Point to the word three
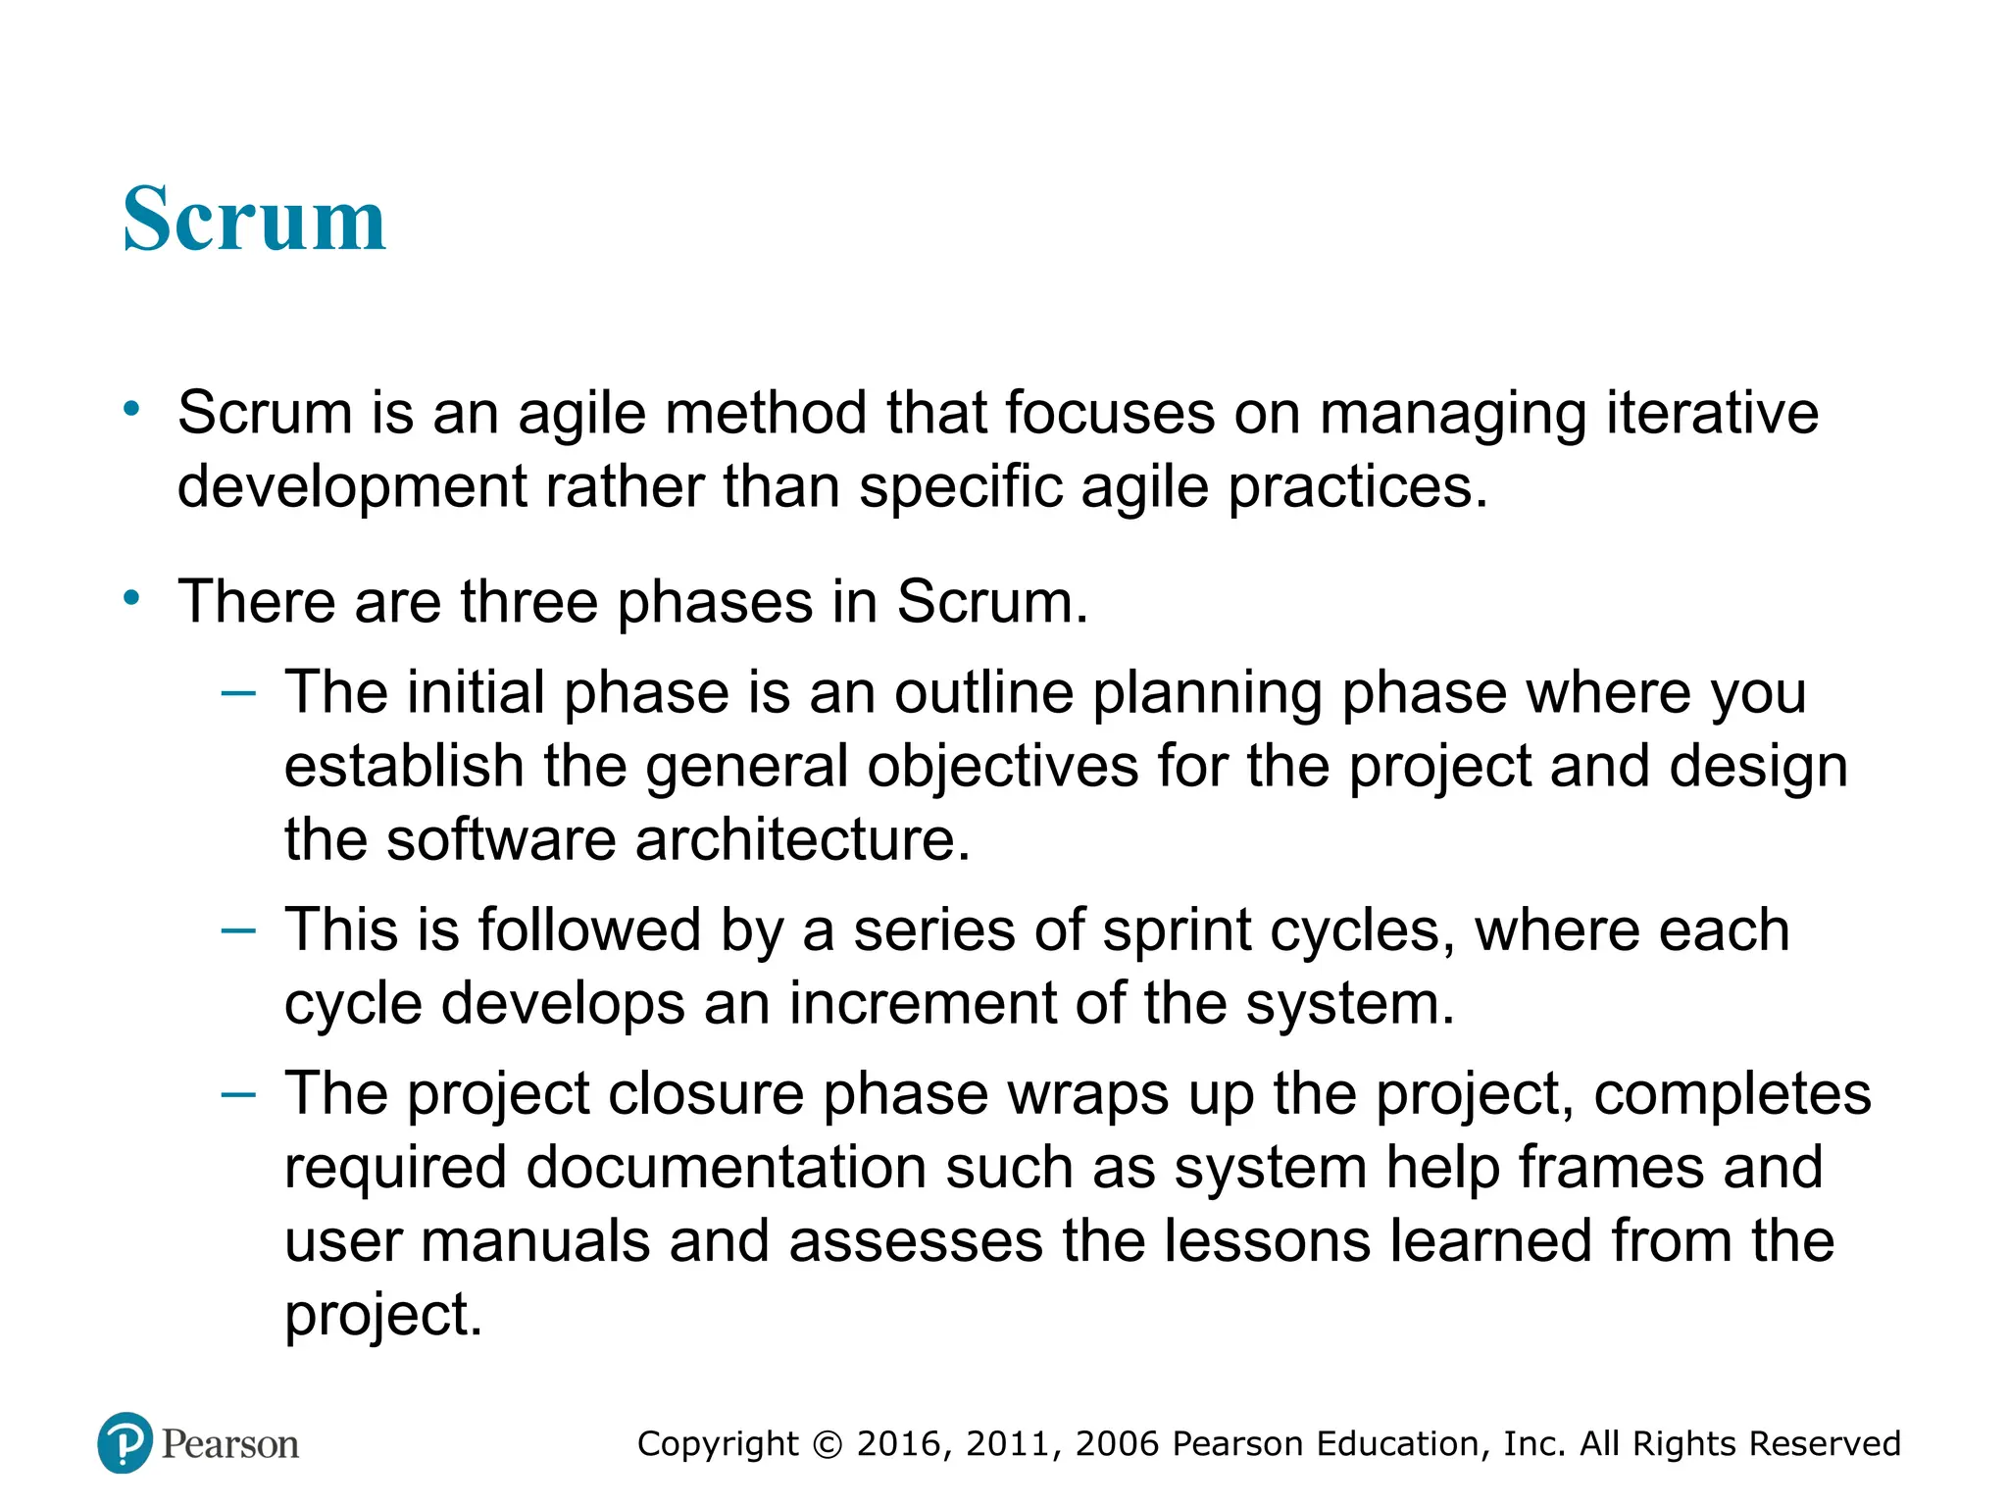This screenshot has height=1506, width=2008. tap(529, 601)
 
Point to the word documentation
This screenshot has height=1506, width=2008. tap(726, 1168)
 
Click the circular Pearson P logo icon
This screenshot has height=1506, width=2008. tap(125, 1442)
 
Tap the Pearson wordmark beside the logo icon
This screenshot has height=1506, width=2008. tap(230, 1444)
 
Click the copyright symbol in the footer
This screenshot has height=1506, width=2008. tap(828, 1444)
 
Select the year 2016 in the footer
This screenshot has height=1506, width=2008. tap(899, 1444)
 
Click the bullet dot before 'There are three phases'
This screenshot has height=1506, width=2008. tap(131, 597)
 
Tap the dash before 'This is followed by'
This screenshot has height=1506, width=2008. tap(238, 929)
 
